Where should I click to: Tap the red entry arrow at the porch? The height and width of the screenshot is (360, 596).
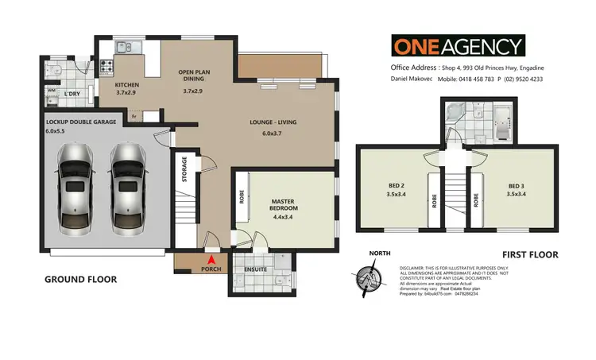pos(211,258)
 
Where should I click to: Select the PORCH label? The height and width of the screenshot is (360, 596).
pos(211,269)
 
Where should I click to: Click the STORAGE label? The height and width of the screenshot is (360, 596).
pos(185,170)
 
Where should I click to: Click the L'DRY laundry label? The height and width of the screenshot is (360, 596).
pos(73,95)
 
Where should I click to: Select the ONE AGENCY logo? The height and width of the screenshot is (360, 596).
pos(457,45)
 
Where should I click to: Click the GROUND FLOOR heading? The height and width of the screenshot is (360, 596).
pos(80,279)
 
